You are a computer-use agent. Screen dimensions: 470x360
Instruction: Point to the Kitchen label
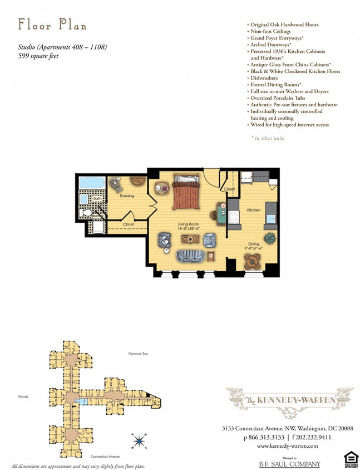coord(254,210)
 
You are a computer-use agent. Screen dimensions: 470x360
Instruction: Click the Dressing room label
coord(127,196)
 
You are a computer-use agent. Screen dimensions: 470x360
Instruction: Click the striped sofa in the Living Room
coord(190,256)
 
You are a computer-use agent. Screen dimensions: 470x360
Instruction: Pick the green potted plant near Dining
coord(270,238)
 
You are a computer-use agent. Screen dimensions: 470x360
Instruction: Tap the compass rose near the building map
coord(139,441)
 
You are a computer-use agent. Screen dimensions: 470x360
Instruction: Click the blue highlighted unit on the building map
coord(81,401)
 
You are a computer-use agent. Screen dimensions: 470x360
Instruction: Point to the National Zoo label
coord(139,354)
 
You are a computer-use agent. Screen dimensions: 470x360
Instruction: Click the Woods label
coord(23,397)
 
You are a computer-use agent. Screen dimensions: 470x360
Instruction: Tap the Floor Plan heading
coord(52,25)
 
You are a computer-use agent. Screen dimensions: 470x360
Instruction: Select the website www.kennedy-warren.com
coord(287,446)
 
